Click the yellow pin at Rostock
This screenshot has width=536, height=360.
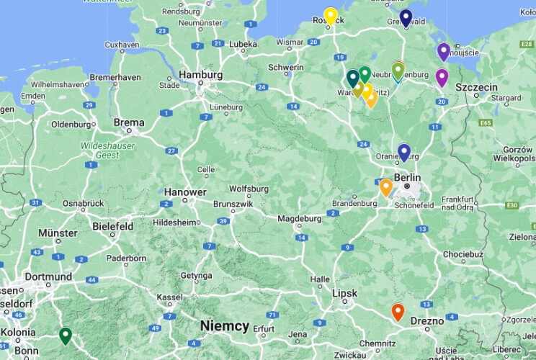pos(330,16)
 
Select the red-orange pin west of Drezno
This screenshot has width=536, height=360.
pos(398,312)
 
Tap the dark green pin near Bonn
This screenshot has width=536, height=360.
pos(65,335)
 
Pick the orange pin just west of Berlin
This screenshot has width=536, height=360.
pos(385,187)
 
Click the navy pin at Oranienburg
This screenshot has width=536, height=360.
pos(404,152)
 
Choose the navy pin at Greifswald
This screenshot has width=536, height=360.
pos(406,18)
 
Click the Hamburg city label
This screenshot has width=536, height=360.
pos(200,74)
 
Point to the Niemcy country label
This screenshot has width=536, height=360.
pos(225,326)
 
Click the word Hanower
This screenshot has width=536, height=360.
pos(185,192)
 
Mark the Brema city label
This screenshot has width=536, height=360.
pos(129,122)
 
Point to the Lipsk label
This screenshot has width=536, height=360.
pos(345,293)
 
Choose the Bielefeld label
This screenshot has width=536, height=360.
pos(113,226)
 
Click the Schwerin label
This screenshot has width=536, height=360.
pos(285,67)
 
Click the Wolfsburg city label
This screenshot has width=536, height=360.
pos(248,189)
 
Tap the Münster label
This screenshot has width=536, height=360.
pos(58,233)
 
